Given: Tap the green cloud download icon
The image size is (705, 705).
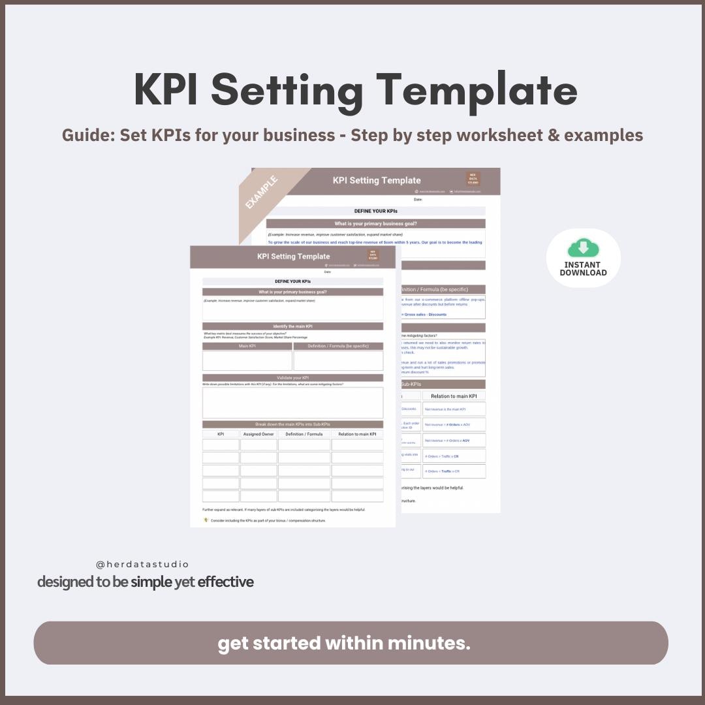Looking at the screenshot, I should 583,249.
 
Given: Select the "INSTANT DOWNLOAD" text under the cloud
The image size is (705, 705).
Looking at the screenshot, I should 583,268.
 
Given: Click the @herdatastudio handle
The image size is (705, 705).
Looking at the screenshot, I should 142,564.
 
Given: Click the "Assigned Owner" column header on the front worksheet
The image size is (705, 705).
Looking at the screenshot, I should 258,434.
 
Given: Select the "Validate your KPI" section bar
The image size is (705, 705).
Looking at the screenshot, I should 292,377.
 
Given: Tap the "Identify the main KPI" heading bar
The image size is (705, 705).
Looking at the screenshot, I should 292,326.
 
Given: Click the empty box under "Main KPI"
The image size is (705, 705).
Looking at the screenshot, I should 247,361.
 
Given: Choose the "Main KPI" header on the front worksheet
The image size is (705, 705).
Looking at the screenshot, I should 247,346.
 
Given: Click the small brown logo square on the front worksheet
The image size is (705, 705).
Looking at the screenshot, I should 373,255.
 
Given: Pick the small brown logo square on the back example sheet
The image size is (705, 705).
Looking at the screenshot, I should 473,178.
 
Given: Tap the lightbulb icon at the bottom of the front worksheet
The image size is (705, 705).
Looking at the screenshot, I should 206,520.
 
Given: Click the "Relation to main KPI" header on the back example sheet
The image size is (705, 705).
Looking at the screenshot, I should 454,396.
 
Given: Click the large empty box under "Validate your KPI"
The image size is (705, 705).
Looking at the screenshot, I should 292,403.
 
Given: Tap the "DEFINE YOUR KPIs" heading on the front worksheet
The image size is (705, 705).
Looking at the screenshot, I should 292,281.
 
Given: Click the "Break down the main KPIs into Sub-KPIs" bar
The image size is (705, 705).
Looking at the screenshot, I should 292,424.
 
